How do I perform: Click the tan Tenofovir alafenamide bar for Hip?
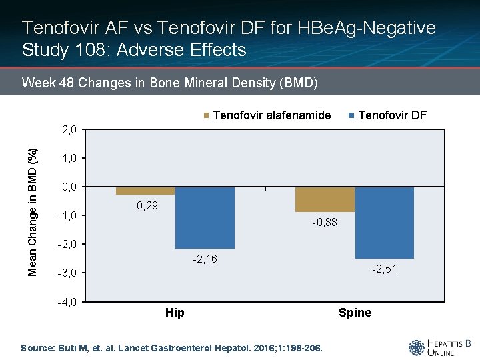click(x=145, y=191)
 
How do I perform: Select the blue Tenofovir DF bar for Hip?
click(x=205, y=217)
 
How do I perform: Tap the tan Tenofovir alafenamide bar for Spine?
click(x=325, y=199)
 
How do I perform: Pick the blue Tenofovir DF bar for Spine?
click(x=384, y=223)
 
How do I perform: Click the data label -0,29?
click(x=145, y=207)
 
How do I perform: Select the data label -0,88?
click(x=325, y=223)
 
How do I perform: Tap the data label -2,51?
click(x=384, y=269)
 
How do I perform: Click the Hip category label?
click(x=175, y=313)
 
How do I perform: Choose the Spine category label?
click(x=355, y=313)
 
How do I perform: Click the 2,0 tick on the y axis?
click(x=69, y=129)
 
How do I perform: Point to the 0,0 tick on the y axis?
click(x=69, y=187)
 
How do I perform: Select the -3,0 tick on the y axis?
click(x=68, y=273)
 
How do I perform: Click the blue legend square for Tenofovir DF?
click(x=351, y=116)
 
